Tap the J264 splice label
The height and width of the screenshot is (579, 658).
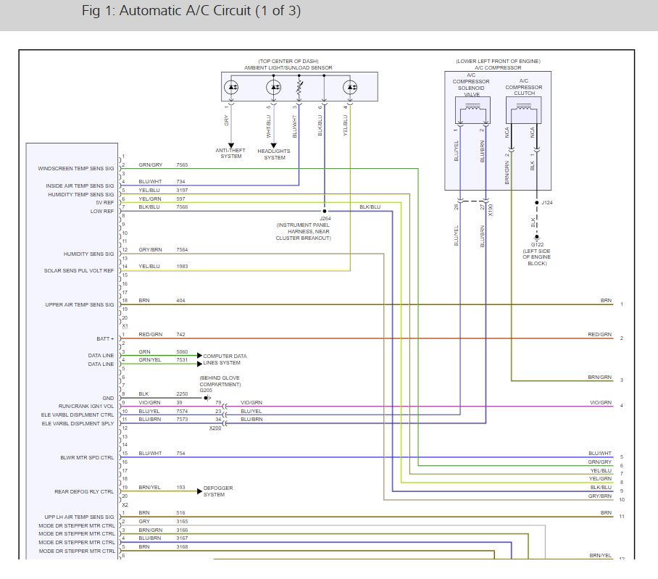pos(325,217)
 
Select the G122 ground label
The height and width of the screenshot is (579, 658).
pos(536,245)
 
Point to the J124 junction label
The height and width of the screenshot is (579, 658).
pos(547,203)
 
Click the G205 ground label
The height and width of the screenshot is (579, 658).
pos(206,390)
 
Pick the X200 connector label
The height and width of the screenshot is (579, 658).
pos(215,428)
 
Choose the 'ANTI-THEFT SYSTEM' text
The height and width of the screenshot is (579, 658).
pos(231,154)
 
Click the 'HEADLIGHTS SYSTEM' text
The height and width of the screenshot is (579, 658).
pos(274,154)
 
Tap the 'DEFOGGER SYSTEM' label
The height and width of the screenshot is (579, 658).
pos(218,491)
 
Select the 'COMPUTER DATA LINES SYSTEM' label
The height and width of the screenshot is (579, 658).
pos(225,359)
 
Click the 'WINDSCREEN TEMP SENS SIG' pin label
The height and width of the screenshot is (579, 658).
pos(76,169)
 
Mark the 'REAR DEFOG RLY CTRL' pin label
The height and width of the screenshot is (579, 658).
pos(85,492)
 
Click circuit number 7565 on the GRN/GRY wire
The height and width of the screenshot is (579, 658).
pos(182,165)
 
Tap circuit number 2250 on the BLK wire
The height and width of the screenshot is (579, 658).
pos(182,394)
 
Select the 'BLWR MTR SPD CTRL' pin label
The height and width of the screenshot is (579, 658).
pos(87,457)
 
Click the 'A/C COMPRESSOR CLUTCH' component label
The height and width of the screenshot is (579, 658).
pos(523,88)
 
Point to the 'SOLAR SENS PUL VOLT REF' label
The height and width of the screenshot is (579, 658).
pos(79,271)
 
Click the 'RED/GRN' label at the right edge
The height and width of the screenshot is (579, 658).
pos(599,334)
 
